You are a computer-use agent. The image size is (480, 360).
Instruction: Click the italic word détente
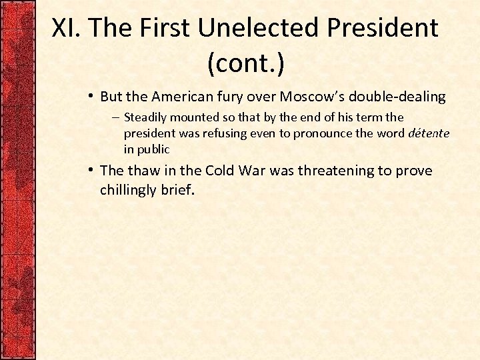(x=429, y=133)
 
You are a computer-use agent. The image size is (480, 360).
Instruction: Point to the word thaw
(x=143, y=171)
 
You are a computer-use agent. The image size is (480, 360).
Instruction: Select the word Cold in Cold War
(x=221, y=171)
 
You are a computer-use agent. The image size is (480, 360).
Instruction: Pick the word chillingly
(x=128, y=191)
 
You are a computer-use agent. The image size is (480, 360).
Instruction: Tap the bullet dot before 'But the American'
(x=90, y=97)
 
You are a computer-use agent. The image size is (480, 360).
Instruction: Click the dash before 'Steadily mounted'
(x=115, y=117)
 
